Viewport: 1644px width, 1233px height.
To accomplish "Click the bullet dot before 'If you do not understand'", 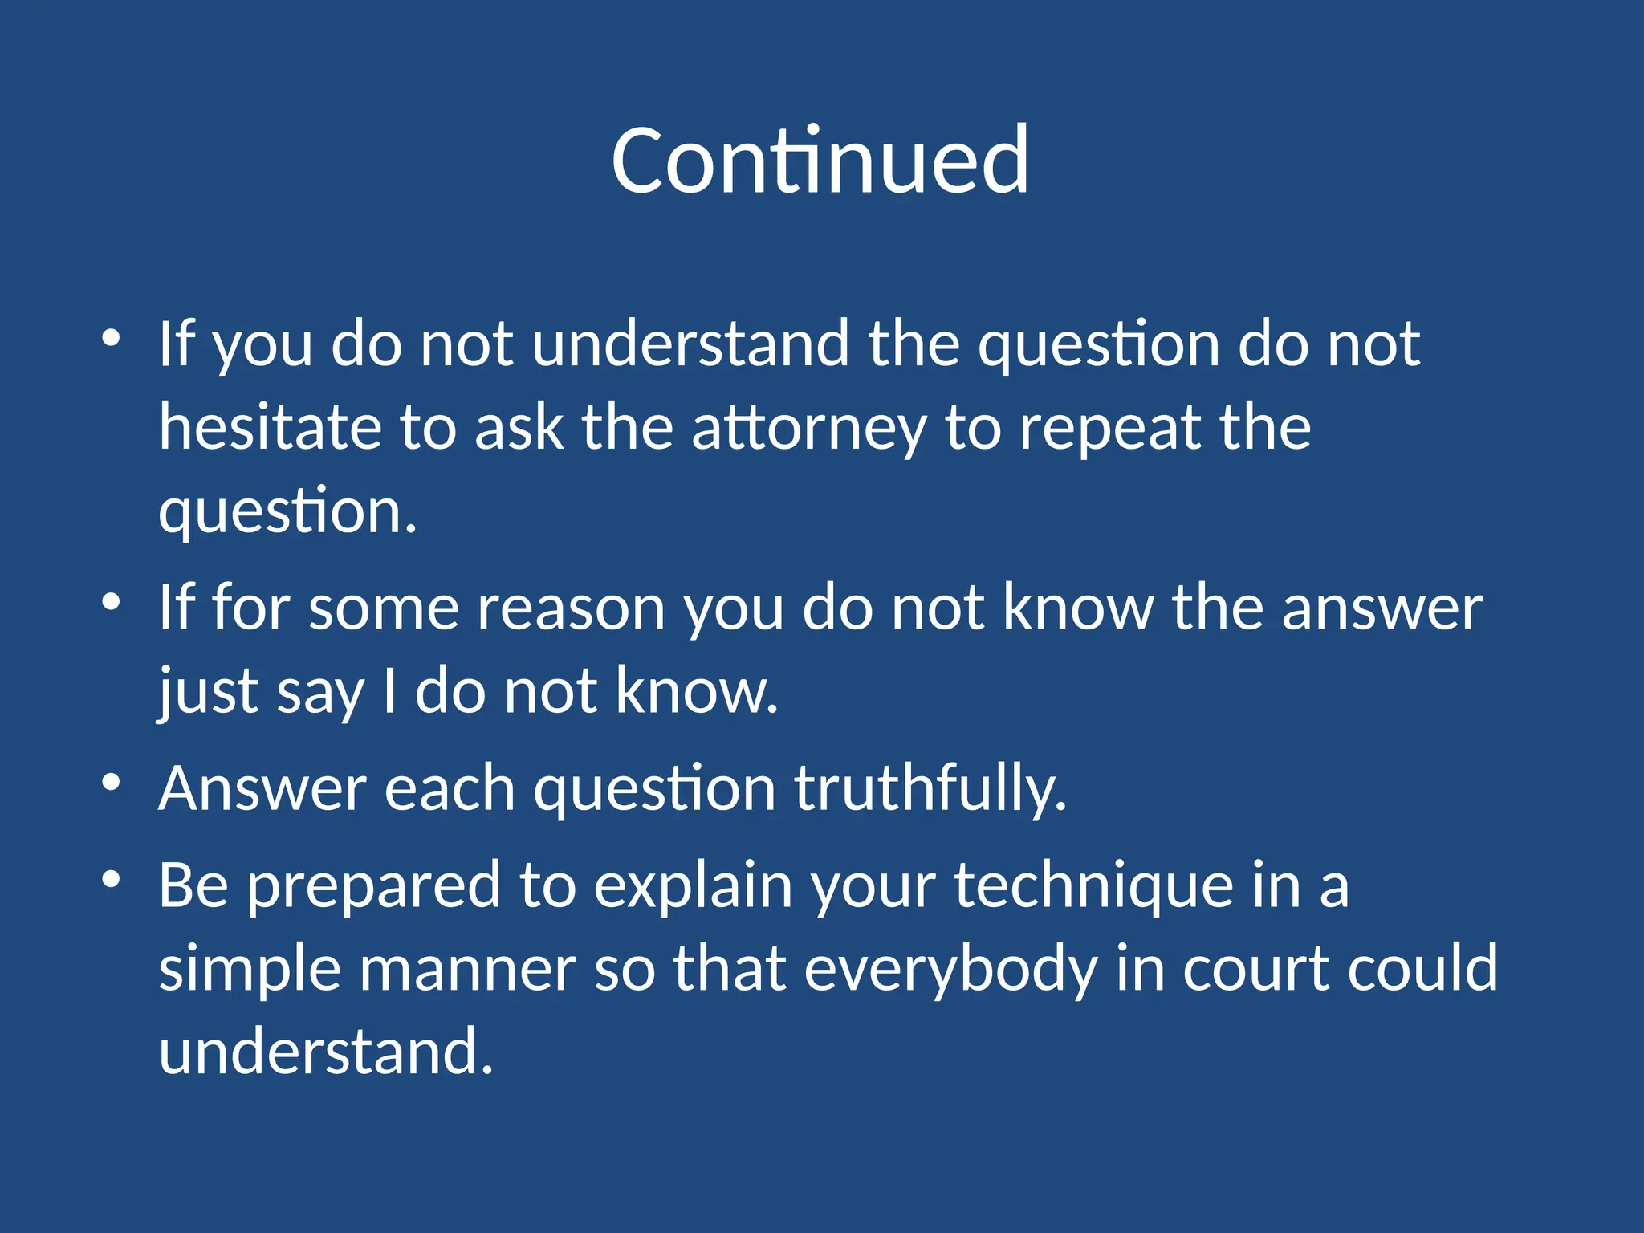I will pos(112,338).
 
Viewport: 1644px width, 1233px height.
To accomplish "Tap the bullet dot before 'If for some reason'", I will pos(112,602).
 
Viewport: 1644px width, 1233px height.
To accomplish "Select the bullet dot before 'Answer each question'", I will pos(112,782).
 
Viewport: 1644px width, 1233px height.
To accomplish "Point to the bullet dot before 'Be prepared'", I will pos(112,879).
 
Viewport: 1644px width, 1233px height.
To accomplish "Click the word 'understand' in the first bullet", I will pos(690,344).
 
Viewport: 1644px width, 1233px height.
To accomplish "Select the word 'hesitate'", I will pos(270,427).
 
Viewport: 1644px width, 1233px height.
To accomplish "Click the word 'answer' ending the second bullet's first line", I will pos(1382,608).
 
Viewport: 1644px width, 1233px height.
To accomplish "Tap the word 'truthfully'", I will pos(930,790).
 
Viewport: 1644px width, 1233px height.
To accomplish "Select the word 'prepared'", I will pos(372,887).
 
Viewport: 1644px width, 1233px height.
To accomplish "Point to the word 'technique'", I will pos(1093,887).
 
